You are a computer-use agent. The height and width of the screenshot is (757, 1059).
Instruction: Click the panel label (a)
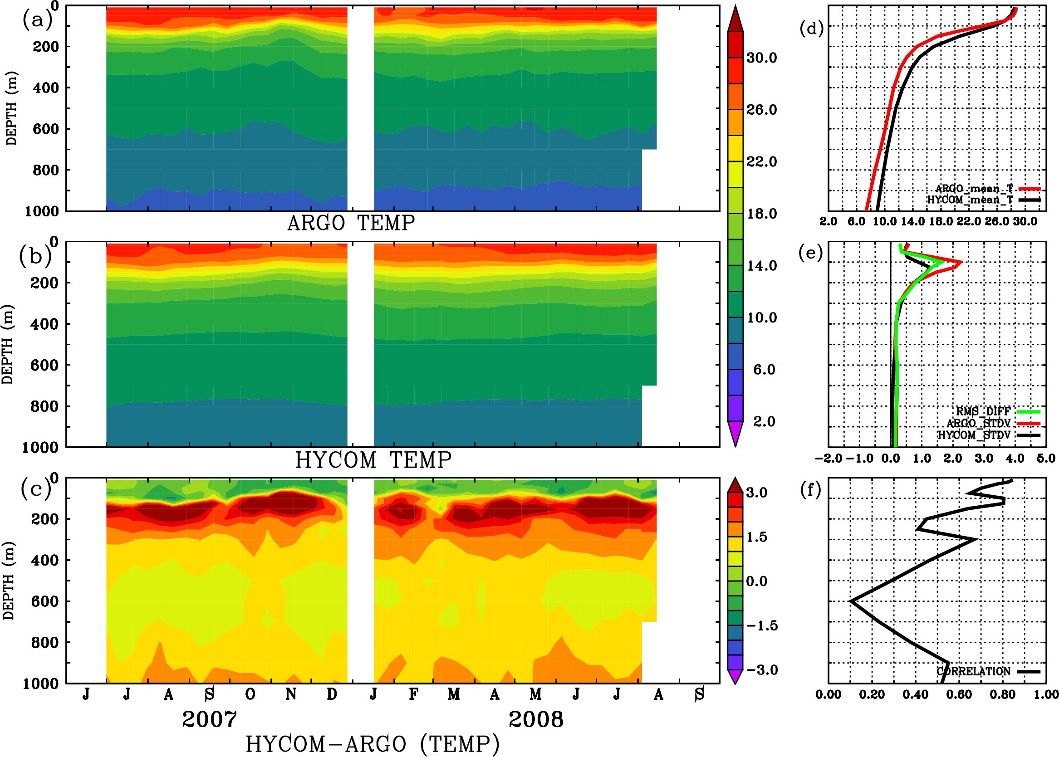(x=37, y=20)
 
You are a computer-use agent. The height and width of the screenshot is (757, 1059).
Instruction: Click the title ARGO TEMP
(x=351, y=223)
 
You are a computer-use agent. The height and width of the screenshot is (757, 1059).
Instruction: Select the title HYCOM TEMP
(x=373, y=460)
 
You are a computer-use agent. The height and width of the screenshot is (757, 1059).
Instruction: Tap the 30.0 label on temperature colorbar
(x=761, y=58)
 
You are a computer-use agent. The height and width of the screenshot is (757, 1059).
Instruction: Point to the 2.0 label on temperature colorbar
(x=764, y=421)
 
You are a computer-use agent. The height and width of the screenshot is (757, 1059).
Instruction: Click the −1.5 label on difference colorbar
(x=761, y=625)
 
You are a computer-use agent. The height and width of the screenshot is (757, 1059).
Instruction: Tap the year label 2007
(x=209, y=719)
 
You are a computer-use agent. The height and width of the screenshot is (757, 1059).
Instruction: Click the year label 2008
(x=536, y=719)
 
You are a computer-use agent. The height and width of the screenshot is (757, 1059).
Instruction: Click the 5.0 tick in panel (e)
(x=1046, y=458)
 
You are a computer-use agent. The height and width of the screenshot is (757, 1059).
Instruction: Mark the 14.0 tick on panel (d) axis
(x=912, y=221)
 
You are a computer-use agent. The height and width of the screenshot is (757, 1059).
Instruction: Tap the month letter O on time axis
(x=250, y=694)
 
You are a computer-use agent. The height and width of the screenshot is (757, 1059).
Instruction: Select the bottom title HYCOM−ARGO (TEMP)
(x=373, y=744)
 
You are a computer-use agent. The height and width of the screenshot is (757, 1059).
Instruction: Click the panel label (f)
(x=810, y=489)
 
